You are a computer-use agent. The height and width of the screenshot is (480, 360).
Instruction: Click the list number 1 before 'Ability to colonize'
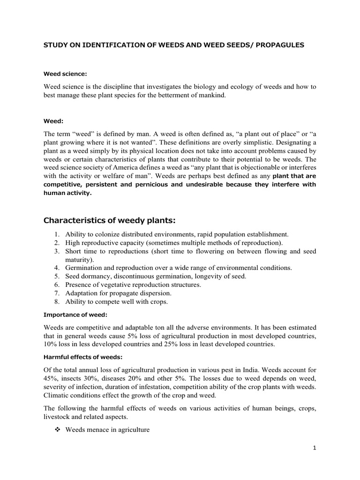55,234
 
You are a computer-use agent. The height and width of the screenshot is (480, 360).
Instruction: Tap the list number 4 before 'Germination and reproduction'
55,268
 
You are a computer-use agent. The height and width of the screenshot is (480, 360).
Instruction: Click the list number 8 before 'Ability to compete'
55,301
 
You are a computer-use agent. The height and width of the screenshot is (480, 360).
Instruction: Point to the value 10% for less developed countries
51,344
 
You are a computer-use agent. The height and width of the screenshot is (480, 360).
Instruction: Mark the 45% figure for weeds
51,379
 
